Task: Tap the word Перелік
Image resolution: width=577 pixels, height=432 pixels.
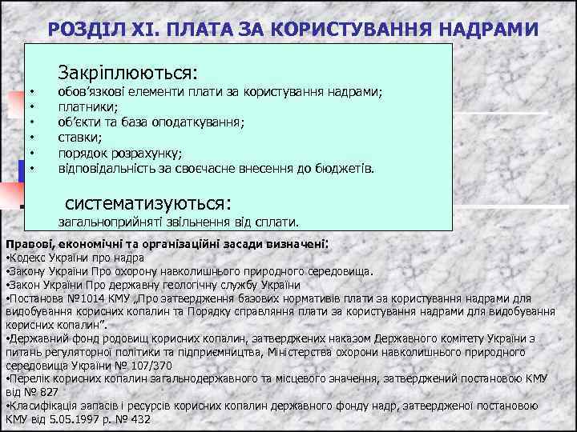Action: point(30,378)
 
